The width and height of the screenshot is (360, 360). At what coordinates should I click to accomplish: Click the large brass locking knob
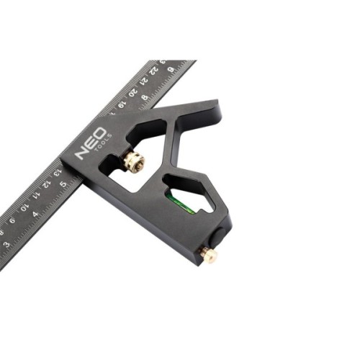[132, 162]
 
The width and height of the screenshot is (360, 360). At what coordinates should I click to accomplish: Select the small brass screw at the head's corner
[208, 254]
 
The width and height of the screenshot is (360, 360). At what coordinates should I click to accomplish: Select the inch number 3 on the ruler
[6, 244]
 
